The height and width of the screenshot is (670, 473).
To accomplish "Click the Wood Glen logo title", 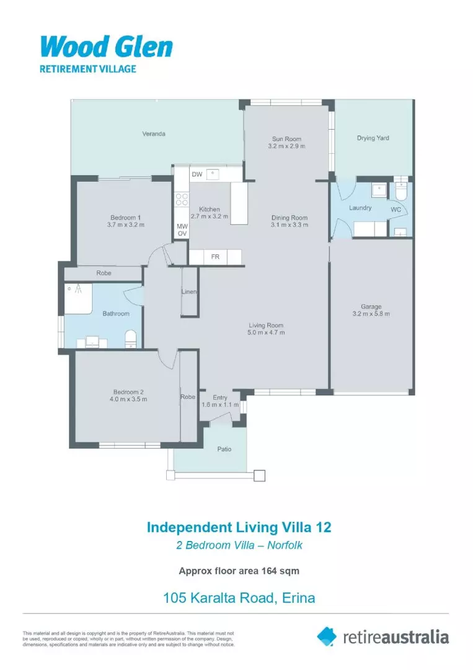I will [106, 48].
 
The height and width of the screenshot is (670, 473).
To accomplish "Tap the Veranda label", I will [154, 133].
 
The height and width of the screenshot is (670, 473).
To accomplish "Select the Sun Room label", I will [286, 138].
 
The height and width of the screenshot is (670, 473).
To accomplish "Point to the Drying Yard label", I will [373, 138].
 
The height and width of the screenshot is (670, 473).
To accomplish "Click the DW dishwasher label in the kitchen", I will [197, 174].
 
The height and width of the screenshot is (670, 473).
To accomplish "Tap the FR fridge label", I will [215, 256].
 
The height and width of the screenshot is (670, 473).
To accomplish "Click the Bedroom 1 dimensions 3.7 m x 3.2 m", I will [126, 225].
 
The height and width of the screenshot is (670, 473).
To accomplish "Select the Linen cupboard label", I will [189, 292].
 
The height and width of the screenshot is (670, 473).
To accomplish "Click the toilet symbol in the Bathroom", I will [131, 338].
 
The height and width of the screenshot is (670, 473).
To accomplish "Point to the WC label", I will [396, 210].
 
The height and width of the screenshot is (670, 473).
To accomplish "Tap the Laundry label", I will [360, 208].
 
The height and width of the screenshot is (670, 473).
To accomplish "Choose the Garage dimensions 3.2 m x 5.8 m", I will [371, 315].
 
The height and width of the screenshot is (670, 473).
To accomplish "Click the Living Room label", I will [266, 325].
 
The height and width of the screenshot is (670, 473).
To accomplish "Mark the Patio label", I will [224, 449].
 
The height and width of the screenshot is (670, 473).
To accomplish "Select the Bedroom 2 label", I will [128, 391].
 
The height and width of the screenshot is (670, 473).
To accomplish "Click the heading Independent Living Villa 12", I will [239, 527].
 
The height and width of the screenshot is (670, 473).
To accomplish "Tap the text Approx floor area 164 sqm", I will [239, 571].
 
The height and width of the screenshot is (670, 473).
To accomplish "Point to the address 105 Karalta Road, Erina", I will [239, 598].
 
